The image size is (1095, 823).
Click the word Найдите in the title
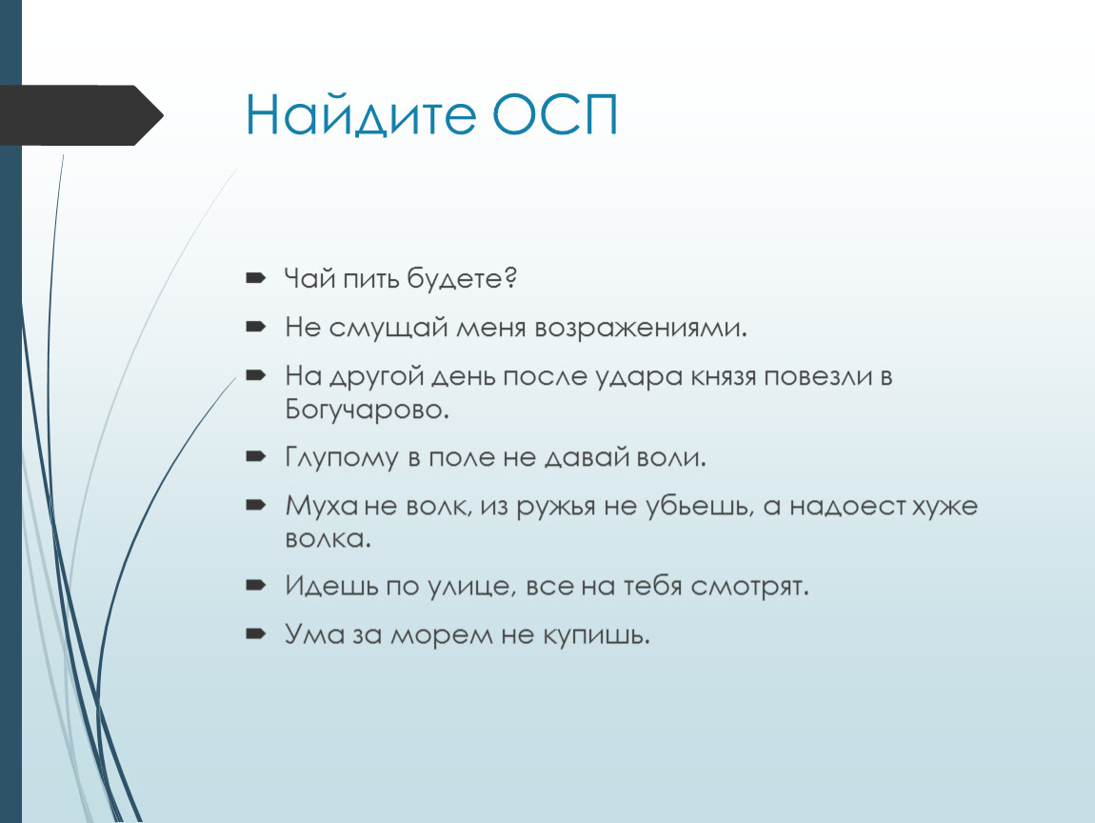click(x=361, y=115)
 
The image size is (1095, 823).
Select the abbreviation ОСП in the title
click(x=555, y=114)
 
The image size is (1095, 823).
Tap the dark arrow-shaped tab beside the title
click(x=82, y=115)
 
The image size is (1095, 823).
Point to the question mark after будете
click(x=510, y=277)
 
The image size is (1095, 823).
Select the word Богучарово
click(x=367, y=410)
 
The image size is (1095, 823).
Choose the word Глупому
click(x=342, y=458)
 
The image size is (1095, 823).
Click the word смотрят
click(x=750, y=587)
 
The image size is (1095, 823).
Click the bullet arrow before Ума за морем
click(x=256, y=633)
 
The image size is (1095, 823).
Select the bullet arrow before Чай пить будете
click(x=256, y=277)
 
